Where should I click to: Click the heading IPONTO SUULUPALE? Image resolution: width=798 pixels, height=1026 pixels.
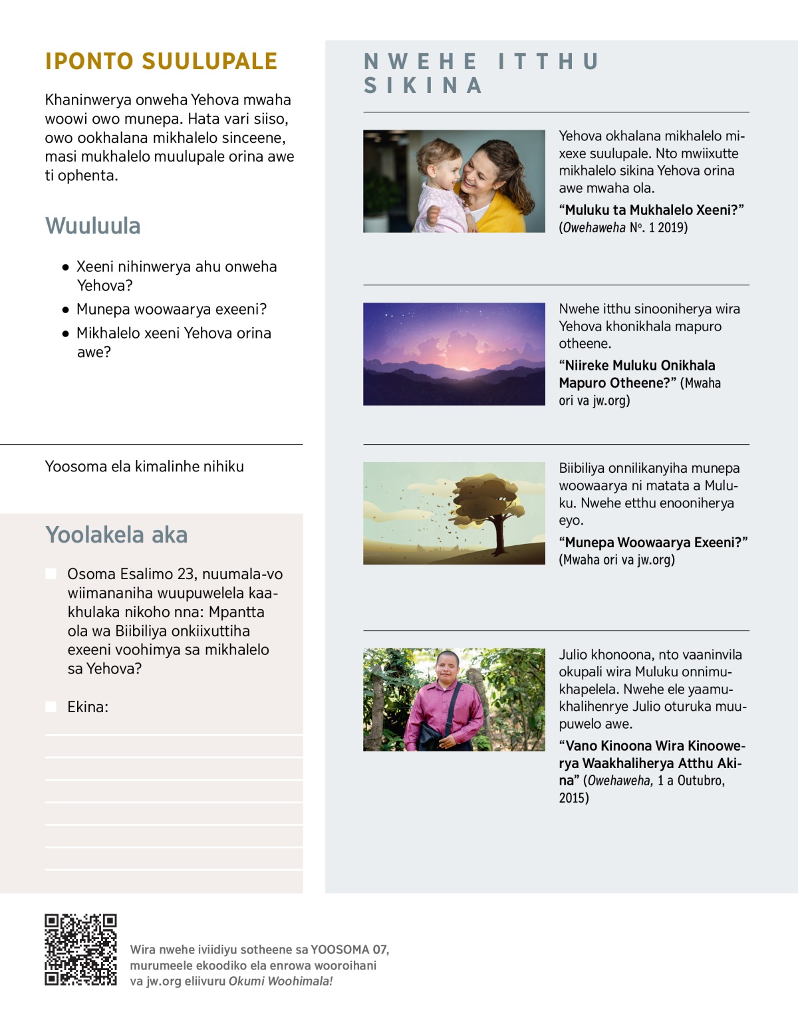click(x=161, y=61)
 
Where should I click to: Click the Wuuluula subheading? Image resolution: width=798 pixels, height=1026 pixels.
click(x=93, y=226)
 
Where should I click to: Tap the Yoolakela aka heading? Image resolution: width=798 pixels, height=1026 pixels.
click(x=116, y=535)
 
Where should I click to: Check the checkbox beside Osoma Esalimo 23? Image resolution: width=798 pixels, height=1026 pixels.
click(x=51, y=574)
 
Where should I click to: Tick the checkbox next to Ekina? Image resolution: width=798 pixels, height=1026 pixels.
click(x=51, y=707)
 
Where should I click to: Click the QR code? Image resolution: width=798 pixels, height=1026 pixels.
click(x=80, y=950)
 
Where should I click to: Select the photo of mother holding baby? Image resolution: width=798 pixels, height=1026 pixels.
click(x=454, y=181)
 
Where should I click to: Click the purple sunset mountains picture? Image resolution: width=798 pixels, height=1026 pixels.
click(x=454, y=354)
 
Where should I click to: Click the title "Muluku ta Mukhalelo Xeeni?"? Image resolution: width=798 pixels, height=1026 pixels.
click(x=651, y=210)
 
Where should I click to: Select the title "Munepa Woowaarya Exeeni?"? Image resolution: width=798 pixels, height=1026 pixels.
click(x=653, y=543)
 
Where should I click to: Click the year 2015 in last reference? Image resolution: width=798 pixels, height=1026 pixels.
click(x=573, y=798)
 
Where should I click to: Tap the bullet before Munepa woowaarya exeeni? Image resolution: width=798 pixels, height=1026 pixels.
click(x=65, y=310)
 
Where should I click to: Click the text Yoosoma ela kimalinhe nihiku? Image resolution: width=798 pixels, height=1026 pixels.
click(x=144, y=467)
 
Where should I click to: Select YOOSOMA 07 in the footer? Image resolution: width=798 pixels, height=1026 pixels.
click(x=349, y=950)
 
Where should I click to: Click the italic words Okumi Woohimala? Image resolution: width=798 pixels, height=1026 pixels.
click(x=280, y=981)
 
